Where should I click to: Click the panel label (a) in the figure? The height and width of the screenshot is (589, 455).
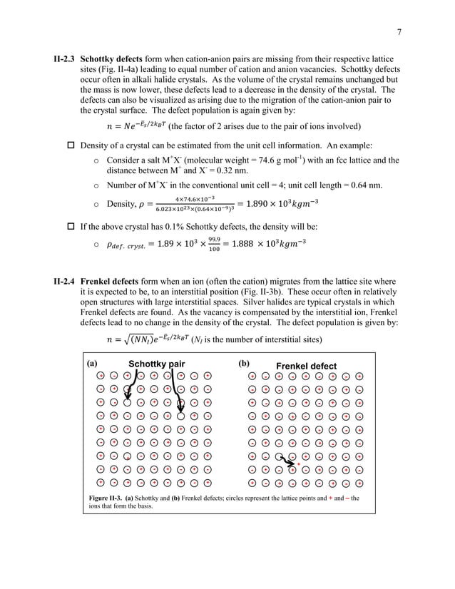[x=91, y=363]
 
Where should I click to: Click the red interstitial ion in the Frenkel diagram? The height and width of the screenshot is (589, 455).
[x=297, y=463]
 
